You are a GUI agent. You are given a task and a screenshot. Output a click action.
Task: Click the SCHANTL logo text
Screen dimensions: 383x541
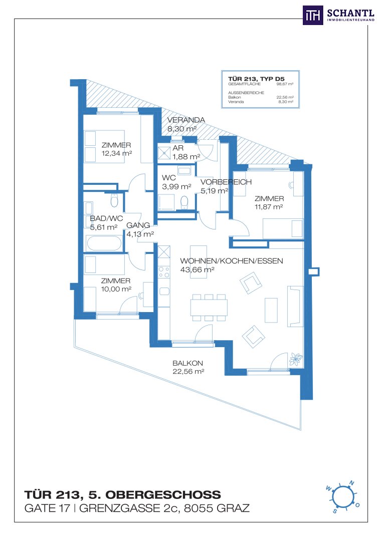(350, 14)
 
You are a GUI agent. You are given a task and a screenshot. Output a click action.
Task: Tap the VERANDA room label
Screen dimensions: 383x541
(186, 120)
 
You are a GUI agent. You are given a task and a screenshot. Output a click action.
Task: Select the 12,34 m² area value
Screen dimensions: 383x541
(117, 153)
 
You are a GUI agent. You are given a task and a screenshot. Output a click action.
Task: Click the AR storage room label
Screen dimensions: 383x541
(178, 148)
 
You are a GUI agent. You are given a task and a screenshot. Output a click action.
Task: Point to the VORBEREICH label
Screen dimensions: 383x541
(226, 182)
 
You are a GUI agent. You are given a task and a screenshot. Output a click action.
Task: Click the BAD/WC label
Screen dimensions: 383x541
(106, 218)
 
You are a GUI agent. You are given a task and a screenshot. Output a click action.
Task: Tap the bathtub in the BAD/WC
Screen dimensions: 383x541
(105, 243)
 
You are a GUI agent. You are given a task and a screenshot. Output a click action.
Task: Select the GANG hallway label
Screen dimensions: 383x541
(138, 225)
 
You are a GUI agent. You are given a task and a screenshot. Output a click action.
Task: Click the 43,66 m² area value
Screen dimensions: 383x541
(197, 269)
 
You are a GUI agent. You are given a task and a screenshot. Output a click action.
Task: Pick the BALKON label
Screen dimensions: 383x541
(187, 363)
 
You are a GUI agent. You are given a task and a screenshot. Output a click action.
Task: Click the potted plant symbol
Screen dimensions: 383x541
(296, 359)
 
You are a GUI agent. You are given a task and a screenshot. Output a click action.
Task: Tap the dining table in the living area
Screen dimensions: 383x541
(209, 307)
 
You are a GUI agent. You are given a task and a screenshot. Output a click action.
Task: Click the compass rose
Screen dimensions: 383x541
(342, 496)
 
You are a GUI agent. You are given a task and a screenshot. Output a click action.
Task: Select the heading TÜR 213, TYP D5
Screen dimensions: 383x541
(256, 79)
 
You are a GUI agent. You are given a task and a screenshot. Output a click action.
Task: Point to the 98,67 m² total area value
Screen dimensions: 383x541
(285, 84)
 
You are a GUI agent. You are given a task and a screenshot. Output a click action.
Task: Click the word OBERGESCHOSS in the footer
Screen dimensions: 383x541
(163, 495)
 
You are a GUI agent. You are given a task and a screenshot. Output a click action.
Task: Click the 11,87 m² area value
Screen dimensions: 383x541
(269, 207)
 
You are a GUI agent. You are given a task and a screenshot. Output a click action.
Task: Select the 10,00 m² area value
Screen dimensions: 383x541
(116, 289)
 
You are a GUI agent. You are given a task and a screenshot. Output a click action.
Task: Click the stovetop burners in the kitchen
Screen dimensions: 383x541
(164, 272)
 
